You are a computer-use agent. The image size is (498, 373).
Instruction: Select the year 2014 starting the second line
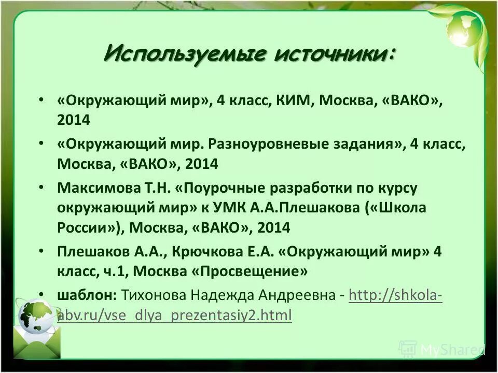[x=74, y=120]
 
